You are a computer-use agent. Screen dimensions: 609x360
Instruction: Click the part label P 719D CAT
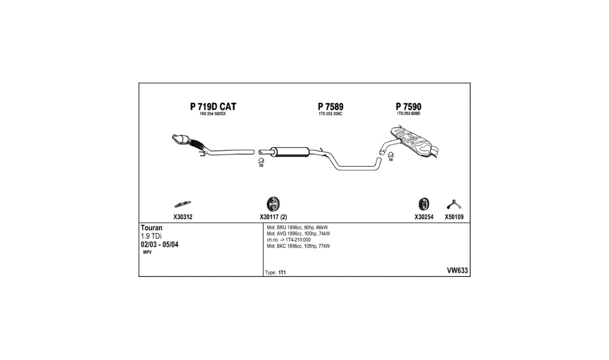[213, 106]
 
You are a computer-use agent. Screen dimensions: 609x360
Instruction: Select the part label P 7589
[331, 106]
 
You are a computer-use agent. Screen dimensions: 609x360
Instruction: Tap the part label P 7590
[409, 106]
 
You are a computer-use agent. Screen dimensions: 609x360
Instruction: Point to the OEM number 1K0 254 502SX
[213, 114]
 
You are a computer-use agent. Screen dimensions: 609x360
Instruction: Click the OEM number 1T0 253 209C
[331, 114]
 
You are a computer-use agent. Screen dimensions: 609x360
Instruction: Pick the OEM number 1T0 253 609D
[409, 114]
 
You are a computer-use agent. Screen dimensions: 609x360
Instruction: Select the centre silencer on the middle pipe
[290, 152]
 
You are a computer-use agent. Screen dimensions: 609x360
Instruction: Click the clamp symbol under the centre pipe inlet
[261, 161]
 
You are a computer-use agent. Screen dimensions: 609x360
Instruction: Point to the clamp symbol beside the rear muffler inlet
[391, 155]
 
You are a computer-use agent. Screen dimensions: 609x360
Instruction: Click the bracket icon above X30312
[183, 204]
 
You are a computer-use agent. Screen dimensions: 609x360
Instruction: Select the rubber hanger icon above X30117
[273, 204]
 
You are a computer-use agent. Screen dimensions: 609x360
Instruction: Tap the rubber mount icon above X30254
[424, 204]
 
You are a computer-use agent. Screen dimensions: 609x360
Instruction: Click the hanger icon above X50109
[453, 204]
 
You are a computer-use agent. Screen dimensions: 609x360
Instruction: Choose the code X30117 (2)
[273, 217]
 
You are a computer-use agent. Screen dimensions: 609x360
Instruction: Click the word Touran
[152, 228]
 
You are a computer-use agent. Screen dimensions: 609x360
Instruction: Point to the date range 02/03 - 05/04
[159, 245]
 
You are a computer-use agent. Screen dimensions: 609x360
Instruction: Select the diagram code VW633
[457, 271]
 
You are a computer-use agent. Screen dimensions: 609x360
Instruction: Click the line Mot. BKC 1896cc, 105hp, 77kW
[298, 246]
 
